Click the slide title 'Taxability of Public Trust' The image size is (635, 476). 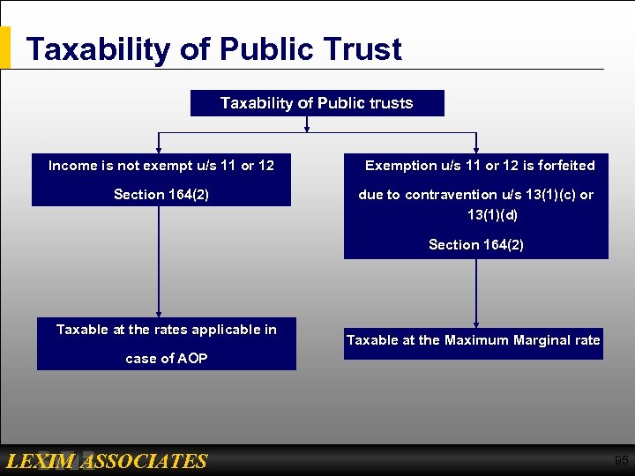pos(213,49)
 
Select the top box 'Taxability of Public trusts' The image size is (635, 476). pos(317,103)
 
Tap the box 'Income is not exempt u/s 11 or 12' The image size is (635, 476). pos(161,179)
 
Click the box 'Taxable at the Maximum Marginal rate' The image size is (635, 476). pos(473,340)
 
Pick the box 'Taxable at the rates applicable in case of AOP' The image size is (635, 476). pos(167,344)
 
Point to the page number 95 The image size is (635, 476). pos(621,460)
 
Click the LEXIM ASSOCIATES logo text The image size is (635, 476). pos(106,461)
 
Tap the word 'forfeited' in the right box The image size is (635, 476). pos(564,166)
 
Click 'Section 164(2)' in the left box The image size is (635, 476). pos(161,195)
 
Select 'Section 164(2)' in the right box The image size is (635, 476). pos(475,245)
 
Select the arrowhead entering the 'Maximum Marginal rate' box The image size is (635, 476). pos(476,324)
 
